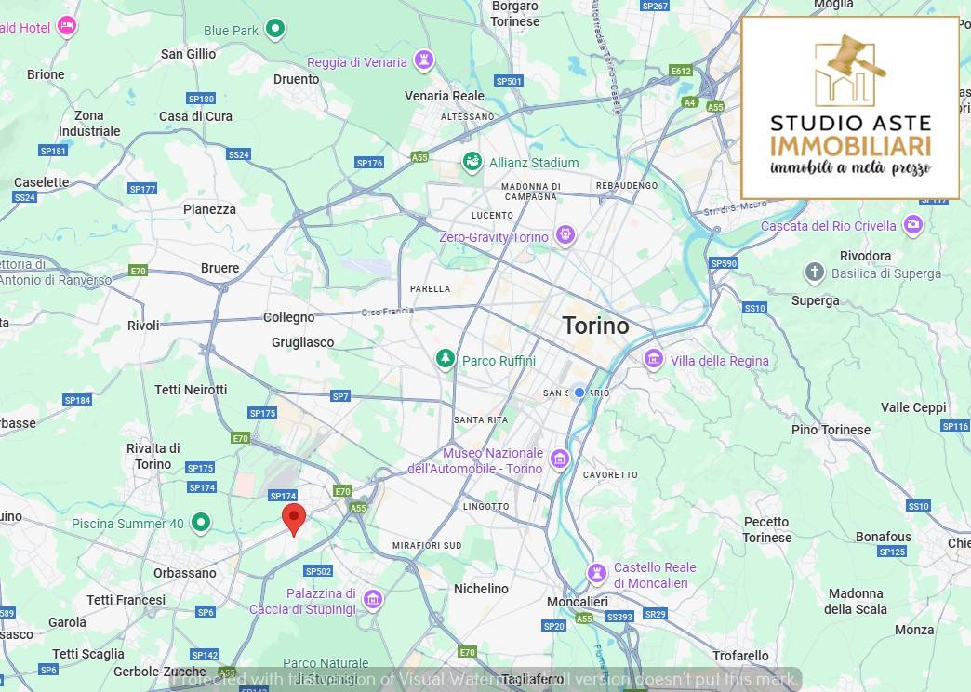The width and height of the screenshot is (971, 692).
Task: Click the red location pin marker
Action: point(294,518)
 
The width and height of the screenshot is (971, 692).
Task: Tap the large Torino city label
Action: point(595,326)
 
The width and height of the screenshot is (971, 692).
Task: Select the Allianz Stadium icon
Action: point(472,163)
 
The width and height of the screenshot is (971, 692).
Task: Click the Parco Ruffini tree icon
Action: point(446,360)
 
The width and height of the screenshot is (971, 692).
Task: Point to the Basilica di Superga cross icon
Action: point(814,273)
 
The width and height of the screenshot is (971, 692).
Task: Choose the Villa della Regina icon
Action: point(654,359)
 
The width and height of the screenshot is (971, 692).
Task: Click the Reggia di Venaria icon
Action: point(424,61)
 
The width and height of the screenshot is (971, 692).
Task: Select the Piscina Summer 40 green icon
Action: point(201,523)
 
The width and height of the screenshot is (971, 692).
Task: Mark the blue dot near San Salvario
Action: point(579,393)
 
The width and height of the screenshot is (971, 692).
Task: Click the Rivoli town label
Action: point(143,326)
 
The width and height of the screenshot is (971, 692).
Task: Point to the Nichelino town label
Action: point(481,589)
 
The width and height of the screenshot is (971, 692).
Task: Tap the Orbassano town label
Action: point(184,573)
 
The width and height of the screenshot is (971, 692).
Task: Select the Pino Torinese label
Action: point(831,430)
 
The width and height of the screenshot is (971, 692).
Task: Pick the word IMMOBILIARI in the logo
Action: point(850,146)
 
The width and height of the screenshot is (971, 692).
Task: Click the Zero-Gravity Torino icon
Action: point(565,236)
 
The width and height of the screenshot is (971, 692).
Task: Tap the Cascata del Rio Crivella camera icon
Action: point(913,225)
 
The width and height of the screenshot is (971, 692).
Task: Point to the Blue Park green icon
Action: point(274,29)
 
